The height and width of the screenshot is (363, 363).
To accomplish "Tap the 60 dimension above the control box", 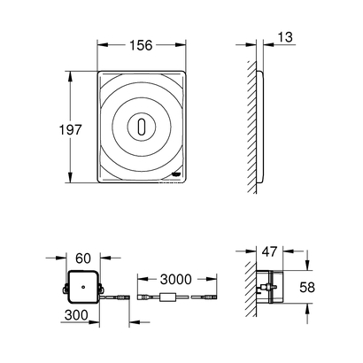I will (83, 258).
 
